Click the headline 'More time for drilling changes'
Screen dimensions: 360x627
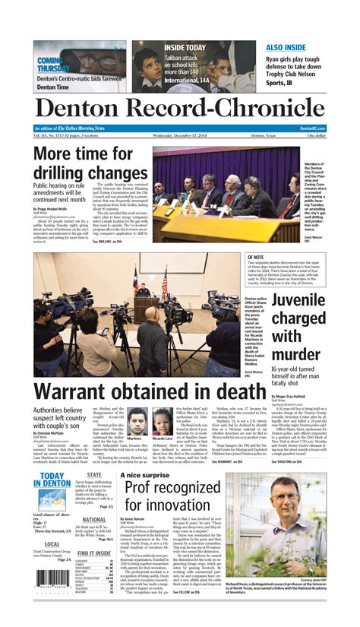[x=90, y=164]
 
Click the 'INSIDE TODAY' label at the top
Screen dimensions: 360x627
[x=185, y=47]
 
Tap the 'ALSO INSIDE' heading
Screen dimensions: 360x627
[x=286, y=47]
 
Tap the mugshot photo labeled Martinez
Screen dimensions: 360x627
[x=134, y=423]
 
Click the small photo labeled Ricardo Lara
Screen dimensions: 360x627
[x=162, y=422]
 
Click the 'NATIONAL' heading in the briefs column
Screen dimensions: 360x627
[x=94, y=520]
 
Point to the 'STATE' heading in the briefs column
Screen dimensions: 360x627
[x=94, y=474]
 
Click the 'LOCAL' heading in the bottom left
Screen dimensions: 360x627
[x=52, y=544]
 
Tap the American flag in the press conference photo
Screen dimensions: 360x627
[x=164, y=283]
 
